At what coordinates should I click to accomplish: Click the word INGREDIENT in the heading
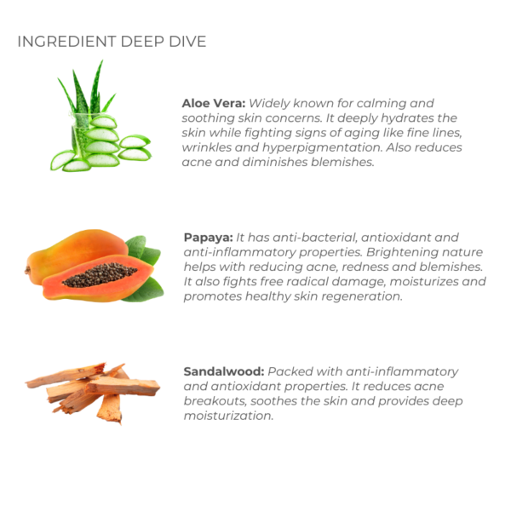coord(66,42)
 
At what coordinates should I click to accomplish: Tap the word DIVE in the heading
coord(187,42)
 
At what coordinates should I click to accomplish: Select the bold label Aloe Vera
coord(214,103)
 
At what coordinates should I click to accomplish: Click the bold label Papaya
coord(209,238)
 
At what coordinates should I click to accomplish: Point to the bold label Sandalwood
coord(224,371)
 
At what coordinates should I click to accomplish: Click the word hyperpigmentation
coord(322,147)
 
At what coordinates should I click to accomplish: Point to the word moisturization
coord(228,416)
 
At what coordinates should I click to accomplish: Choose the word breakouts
coord(215,401)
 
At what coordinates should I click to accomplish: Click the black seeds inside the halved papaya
coord(100,275)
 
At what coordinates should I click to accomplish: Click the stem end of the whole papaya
coord(27,270)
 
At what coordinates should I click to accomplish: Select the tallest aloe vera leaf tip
coord(101,61)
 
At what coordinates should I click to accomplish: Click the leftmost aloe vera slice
coord(62,160)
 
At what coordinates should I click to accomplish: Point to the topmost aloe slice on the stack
coord(103,122)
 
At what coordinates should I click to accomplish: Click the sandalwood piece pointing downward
coord(110,409)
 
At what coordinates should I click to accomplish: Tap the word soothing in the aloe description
coord(209,118)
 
